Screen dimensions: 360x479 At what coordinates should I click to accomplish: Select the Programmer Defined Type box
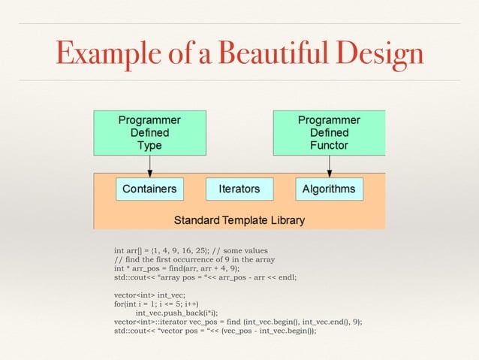[x=149, y=132]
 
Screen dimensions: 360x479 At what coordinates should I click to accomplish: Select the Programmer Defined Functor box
[x=329, y=132]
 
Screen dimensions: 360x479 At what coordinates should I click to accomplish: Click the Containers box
[x=149, y=189]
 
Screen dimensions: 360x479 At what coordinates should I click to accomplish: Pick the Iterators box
[x=239, y=189]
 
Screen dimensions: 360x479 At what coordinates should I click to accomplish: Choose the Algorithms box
[x=329, y=189]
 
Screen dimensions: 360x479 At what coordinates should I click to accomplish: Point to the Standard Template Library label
[x=239, y=220]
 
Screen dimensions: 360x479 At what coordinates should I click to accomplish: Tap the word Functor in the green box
[x=329, y=145]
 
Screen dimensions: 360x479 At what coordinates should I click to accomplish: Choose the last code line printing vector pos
[x=215, y=331]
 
